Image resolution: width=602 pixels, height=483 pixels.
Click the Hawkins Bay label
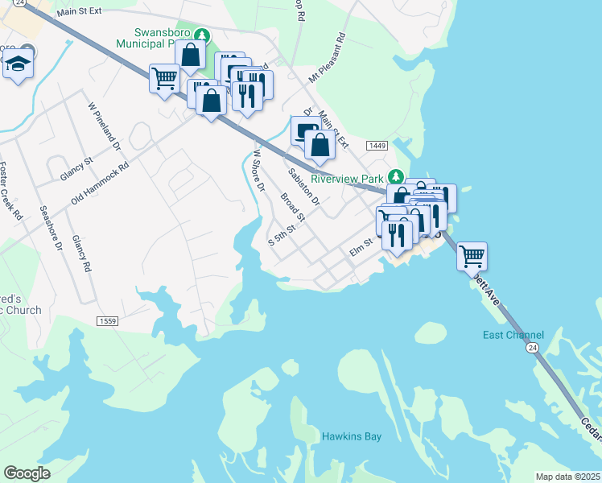pyautogui.click(x=352, y=436)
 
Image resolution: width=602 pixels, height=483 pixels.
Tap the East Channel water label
pyautogui.click(x=513, y=335)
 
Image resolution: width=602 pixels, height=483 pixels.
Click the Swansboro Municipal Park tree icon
pyautogui.click(x=204, y=35)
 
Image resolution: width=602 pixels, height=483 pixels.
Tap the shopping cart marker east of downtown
pyautogui.click(x=472, y=257)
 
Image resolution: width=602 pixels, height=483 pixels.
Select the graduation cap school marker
pyautogui.click(x=18, y=64)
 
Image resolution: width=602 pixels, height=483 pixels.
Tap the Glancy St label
pyautogui.click(x=77, y=171)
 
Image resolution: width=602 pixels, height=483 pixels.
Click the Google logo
pyautogui.click(x=27, y=473)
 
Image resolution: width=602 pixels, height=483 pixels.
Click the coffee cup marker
pyautogui.click(x=305, y=130)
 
